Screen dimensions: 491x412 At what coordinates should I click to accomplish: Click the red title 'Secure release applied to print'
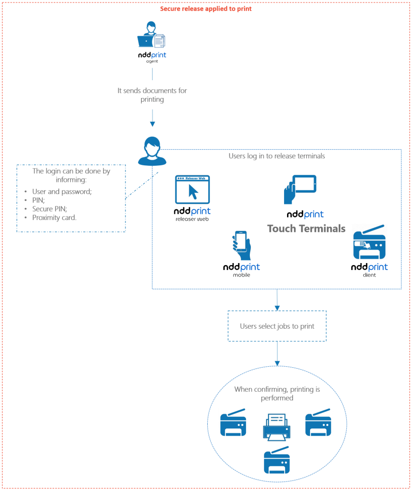(206, 9)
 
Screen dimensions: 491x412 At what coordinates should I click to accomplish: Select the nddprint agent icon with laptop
(151, 36)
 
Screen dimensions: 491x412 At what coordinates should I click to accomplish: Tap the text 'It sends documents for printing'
(152, 95)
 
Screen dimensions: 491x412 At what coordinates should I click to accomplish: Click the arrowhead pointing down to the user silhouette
(152, 124)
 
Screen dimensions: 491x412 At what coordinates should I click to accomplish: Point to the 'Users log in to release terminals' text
(277, 156)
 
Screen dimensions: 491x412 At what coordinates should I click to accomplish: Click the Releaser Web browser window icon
(192, 189)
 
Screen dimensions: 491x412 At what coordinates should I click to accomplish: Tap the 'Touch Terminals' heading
(306, 228)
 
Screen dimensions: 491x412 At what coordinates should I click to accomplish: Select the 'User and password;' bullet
(62, 191)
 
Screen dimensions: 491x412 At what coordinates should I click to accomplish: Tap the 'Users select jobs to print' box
(277, 326)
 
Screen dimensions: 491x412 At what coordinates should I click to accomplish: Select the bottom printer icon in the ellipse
(277, 460)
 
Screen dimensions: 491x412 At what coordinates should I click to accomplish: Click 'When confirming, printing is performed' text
(277, 393)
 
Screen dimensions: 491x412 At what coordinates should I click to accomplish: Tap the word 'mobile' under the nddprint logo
(241, 275)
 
